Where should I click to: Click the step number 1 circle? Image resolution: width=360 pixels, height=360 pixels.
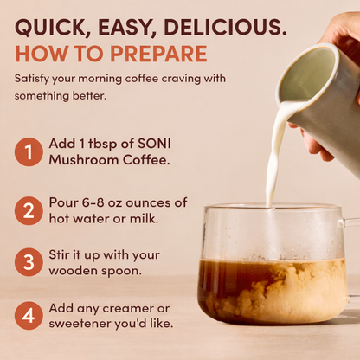click(x=29, y=152)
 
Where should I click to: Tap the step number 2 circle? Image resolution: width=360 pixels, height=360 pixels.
click(x=29, y=210)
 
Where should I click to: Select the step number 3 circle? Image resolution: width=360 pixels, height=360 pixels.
click(x=29, y=262)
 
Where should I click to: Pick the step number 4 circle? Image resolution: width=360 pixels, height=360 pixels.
click(x=29, y=315)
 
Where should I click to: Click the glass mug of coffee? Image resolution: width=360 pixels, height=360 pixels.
click(x=273, y=268)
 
